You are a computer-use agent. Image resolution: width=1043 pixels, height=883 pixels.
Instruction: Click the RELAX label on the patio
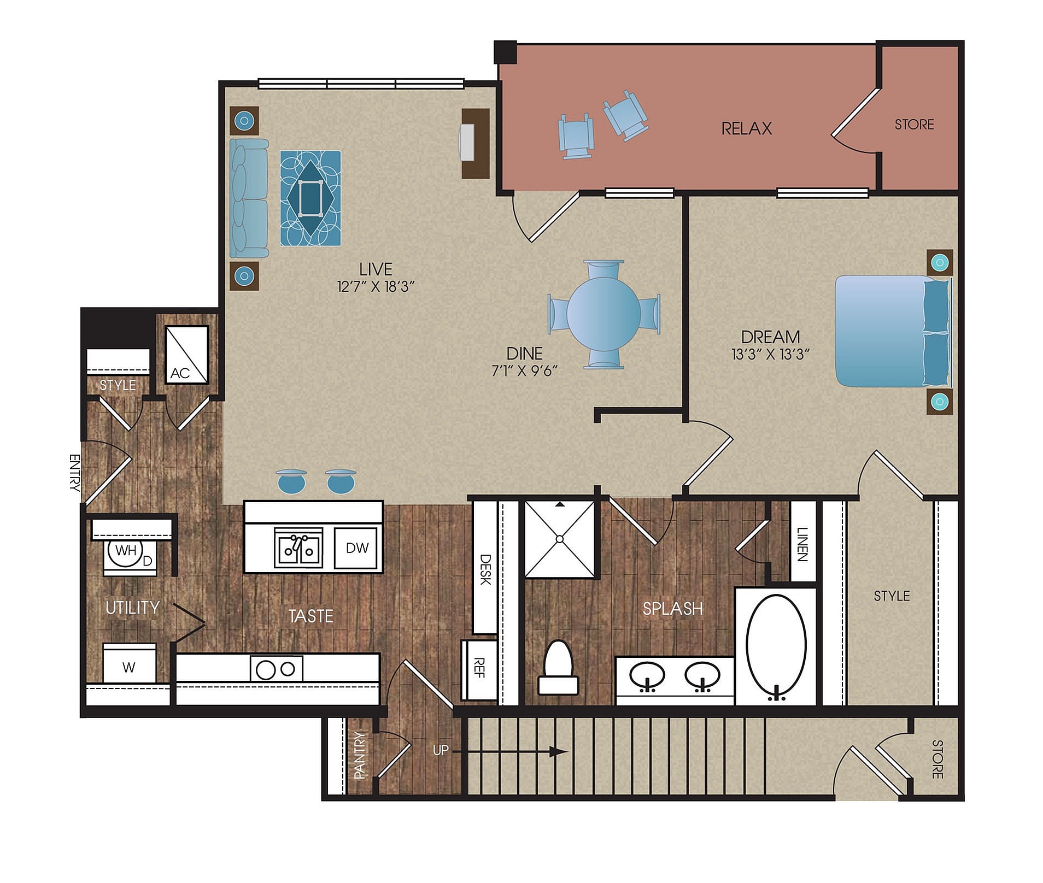coord(746,128)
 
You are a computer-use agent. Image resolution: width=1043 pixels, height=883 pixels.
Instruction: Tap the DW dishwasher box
coord(357,548)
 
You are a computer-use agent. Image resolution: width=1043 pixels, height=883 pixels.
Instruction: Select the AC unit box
coord(186,355)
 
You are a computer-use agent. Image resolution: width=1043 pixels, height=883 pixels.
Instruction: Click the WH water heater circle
coord(126,550)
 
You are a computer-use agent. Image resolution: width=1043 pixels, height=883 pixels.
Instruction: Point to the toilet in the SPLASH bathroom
coord(558,668)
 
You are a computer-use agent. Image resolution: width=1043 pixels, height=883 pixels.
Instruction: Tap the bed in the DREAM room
coord(891,331)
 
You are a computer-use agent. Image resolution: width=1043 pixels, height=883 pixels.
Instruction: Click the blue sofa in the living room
coord(249,198)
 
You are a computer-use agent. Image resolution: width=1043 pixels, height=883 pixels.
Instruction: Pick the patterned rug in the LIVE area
coord(310,198)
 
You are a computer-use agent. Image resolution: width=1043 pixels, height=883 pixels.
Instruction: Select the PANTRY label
coord(359,755)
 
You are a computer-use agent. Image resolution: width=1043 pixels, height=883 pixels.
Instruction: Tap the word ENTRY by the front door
coord(74,473)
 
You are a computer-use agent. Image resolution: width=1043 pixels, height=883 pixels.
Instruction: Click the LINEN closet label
coord(801,544)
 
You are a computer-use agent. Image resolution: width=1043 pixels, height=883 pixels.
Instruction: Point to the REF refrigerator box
coord(479,668)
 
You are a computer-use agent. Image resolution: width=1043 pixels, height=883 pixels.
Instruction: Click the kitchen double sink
coord(298,548)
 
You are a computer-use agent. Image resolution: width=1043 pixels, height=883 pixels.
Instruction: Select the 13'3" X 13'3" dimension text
coord(770,354)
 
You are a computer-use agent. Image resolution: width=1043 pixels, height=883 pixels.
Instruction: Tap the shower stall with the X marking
coord(559,539)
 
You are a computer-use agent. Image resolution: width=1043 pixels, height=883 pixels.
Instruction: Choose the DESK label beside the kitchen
coord(485,569)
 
